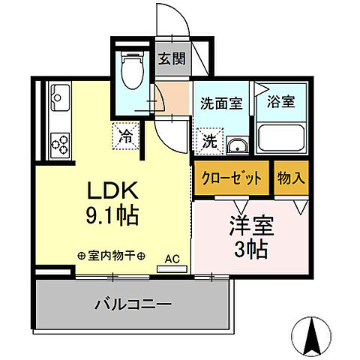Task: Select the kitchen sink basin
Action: (58, 97)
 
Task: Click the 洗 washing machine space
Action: (210, 139)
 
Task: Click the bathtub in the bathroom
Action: (282, 138)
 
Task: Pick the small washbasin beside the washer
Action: (237, 145)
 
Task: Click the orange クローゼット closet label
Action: (232, 178)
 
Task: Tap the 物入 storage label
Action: (291, 178)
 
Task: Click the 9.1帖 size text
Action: (111, 216)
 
